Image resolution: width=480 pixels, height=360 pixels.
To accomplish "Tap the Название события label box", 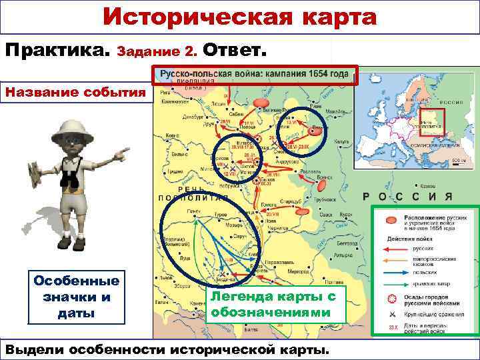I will tap(75, 92).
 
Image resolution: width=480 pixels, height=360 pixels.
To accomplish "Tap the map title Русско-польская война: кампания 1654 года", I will tap(256, 75).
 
